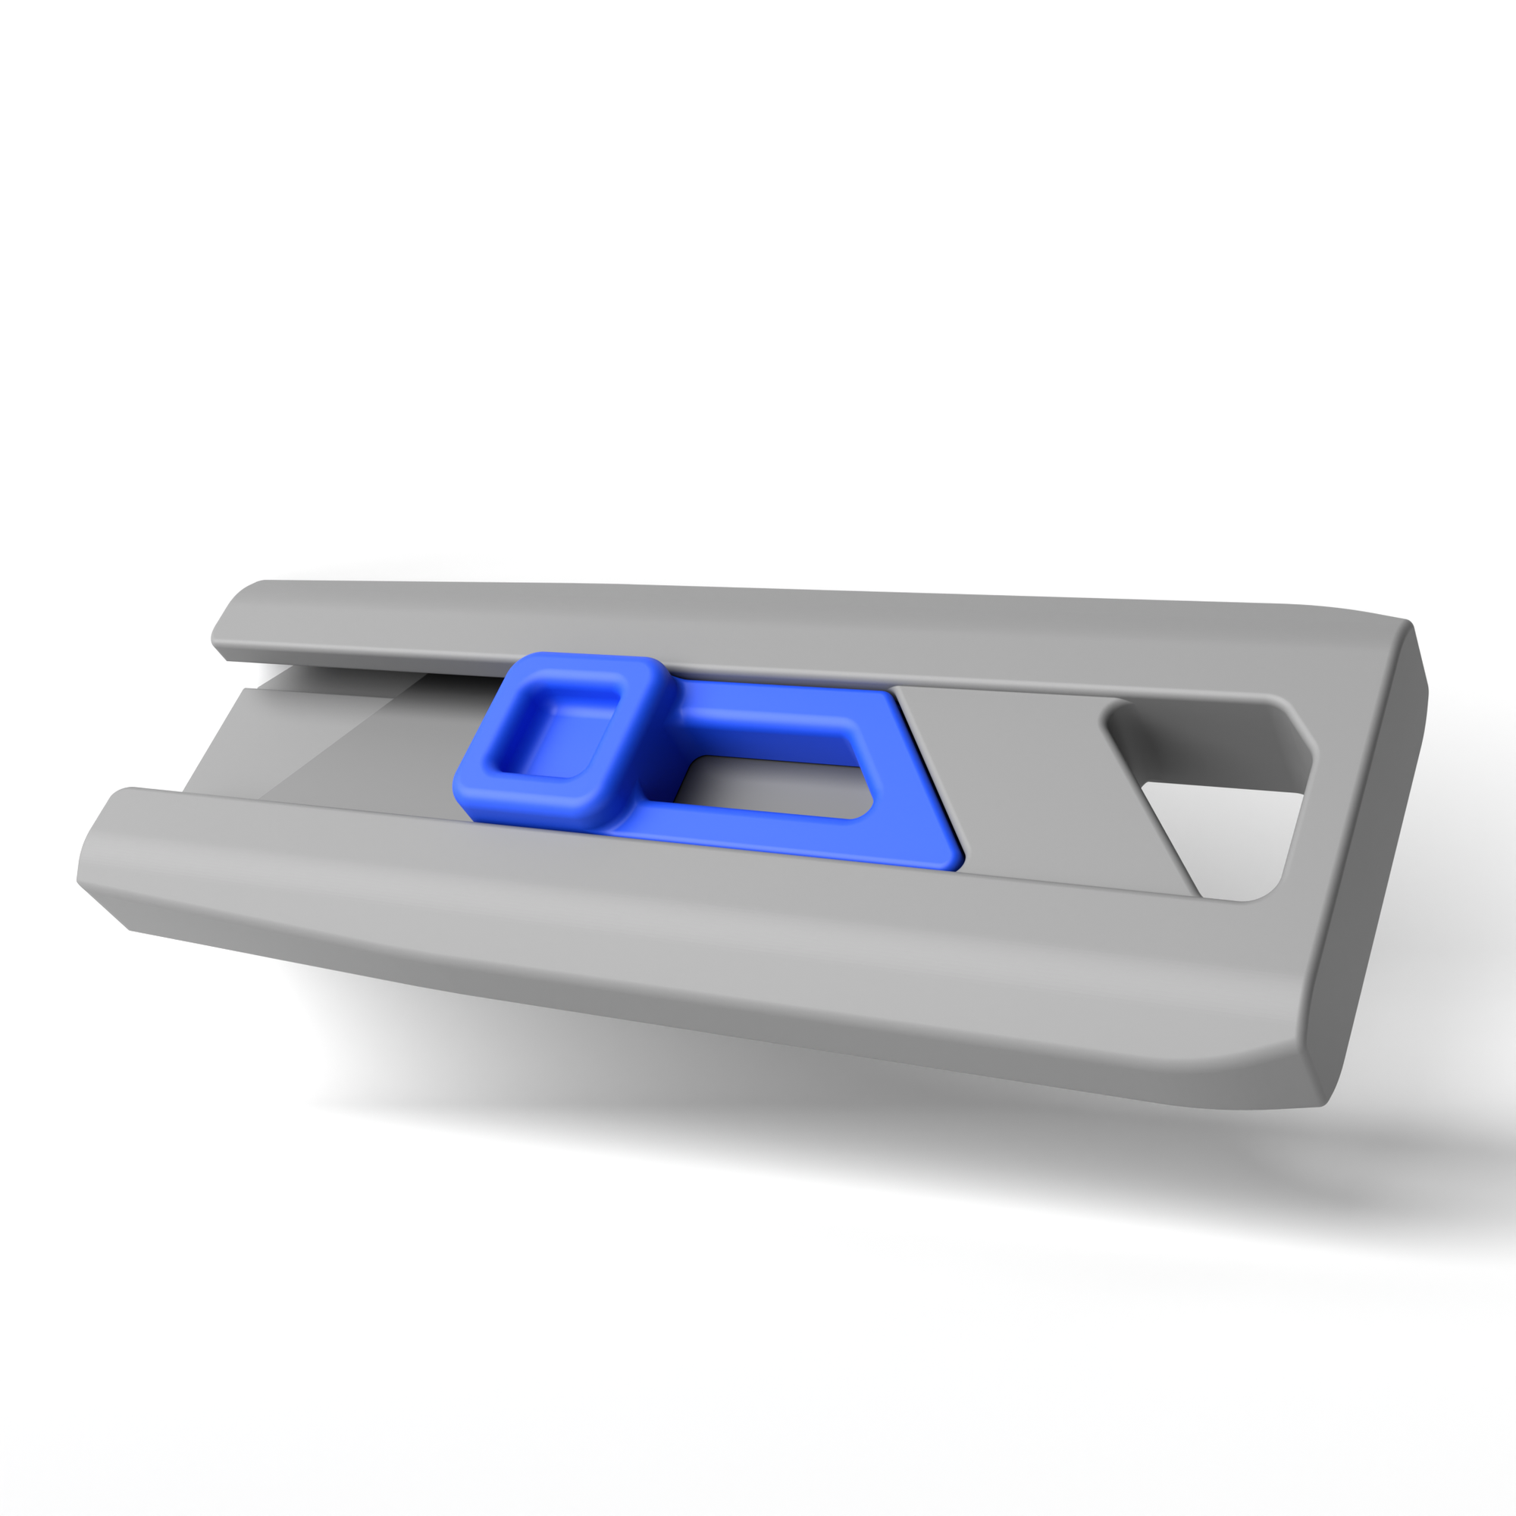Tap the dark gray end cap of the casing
1365,863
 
